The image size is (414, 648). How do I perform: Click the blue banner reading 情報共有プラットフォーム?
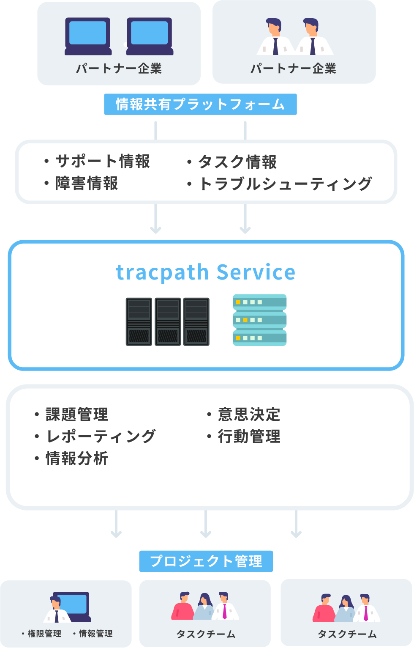coord(200,104)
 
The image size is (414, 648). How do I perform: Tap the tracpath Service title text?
coord(205,272)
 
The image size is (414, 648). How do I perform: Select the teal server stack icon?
coord(259,320)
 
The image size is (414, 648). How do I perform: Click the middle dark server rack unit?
coord(168,321)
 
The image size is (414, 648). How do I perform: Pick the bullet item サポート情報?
coord(102,161)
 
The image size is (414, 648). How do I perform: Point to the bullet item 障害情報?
coord(87,184)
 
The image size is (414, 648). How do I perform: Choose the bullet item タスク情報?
coord(237,162)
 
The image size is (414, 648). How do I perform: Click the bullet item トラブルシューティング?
coord(285,184)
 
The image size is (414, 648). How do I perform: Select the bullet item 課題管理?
coord(77,415)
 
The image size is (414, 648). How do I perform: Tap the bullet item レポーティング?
coord(101,437)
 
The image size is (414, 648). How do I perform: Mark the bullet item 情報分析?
coord(77,459)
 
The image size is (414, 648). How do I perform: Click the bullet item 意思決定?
coord(249,415)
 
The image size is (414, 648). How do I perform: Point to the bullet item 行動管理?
coord(249,437)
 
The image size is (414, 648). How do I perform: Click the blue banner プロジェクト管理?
coord(206,561)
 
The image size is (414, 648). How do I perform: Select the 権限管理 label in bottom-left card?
coord(44,634)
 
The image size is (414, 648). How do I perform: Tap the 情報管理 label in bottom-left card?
coord(95,634)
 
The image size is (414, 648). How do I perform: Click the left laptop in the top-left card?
coord(88,36)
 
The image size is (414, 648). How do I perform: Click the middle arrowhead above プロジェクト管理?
coord(206,534)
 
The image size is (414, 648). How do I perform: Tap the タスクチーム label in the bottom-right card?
coord(347,634)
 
